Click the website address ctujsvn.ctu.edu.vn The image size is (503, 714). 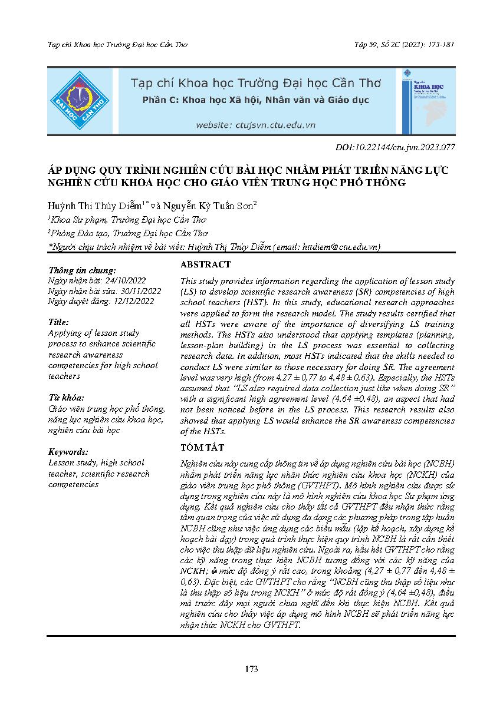point(256,125)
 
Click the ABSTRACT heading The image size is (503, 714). point(205,265)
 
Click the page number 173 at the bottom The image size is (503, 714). point(251,669)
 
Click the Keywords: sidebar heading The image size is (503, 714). point(68,452)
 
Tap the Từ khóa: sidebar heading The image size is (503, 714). point(66,398)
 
